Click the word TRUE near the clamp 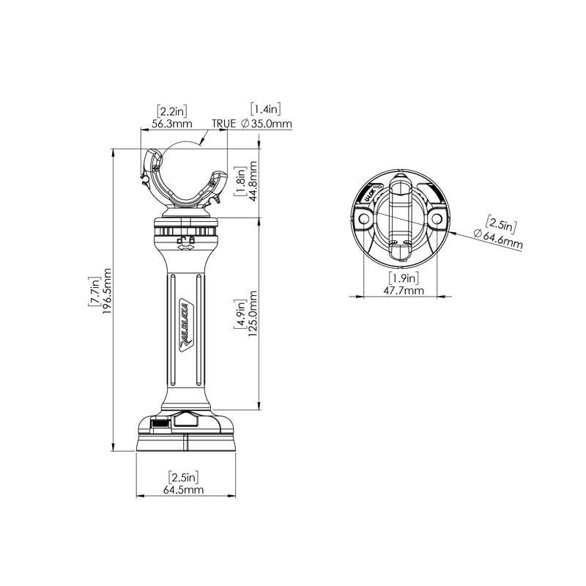coord(225,124)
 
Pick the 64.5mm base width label coord(183,489)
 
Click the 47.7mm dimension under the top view coord(403,290)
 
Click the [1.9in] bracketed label coord(403,278)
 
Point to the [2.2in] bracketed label coord(172,111)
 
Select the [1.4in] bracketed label coord(266,110)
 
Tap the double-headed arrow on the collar coord(185,248)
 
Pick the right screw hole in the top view coord(437,218)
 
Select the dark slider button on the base coord(159,423)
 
